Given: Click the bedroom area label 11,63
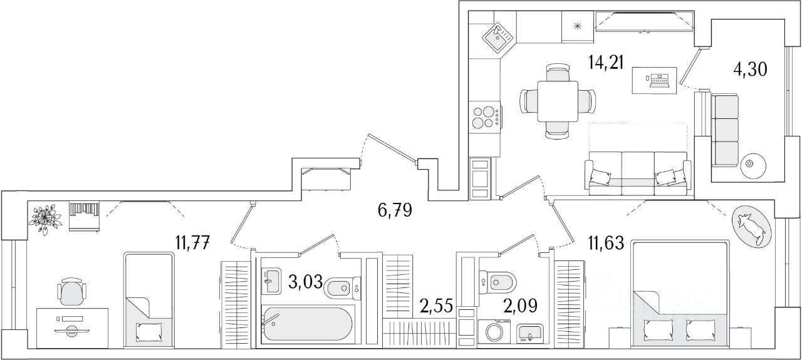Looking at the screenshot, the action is coord(605,242).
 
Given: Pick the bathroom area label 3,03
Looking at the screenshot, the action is coord(306,282).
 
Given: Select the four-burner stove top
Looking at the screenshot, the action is coord(485,117).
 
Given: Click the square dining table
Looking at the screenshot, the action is coord(557,100).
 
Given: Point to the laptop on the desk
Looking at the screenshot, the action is coord(659,80).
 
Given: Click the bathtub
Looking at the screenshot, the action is coord(307,324).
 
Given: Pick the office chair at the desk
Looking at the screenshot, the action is coord(71,291).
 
